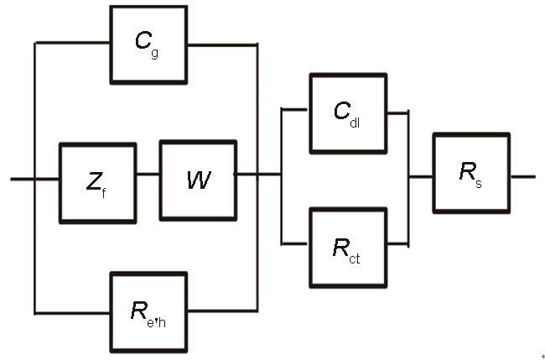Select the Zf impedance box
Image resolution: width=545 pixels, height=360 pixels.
[x=97, y=183]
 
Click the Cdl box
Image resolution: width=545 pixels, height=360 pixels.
[x=348, y=112]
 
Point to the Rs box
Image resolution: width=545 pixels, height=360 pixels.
[x=470, y=172]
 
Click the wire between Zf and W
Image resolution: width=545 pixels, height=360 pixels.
[x=148, y=175]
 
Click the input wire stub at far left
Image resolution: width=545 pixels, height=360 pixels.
[x=22, y=178]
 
